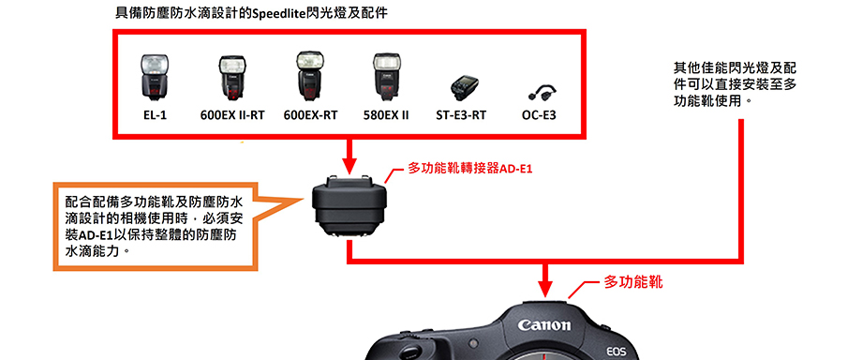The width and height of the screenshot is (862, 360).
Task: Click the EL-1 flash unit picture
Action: [x=153, y=77]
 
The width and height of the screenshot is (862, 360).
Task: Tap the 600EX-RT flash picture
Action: [x=309, y=77]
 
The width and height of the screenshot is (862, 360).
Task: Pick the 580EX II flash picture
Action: [x=385, y=77]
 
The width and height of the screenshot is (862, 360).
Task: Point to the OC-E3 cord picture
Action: [x=542, y=93]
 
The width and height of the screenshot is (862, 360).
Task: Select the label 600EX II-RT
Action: [x=232, y=115]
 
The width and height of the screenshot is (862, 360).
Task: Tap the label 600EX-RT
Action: [x=311, y=115]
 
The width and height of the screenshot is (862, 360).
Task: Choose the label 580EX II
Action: [x=386, y=115]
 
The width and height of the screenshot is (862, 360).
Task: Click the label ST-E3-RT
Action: [x=461, y=115]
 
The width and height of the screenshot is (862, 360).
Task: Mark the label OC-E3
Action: [x=539, y=115]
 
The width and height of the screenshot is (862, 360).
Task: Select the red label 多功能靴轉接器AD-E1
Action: [x=470, y=169]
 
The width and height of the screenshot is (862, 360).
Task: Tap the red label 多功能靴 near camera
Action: [x=633, y=282]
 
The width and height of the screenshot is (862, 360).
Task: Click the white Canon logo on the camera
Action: [x=544, y=325]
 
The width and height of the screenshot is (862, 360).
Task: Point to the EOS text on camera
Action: [x=617, y=352]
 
